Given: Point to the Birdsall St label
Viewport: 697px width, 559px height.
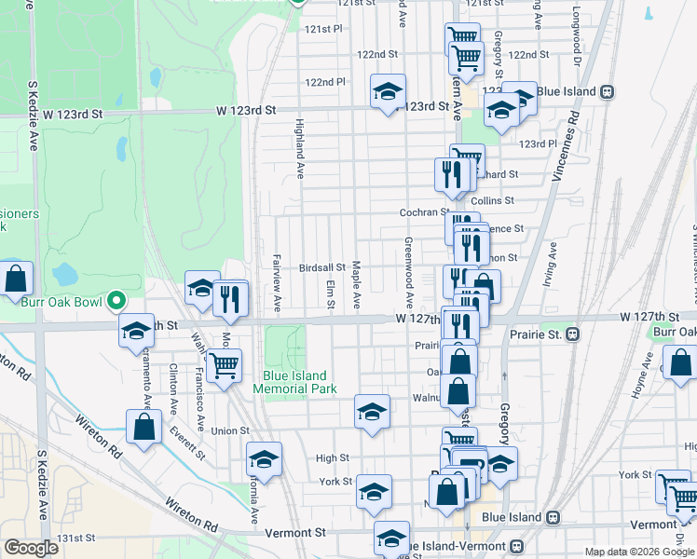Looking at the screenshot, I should [x=322, y=267].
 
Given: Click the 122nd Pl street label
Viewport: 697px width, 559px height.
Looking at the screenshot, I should [x=325, y=82].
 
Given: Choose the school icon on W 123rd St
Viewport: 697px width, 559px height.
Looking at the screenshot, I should [x=388, y=91].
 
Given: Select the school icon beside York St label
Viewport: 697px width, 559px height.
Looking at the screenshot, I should [x=374, y=491].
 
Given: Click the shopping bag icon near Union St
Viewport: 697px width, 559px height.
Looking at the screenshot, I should [x=143, y=428].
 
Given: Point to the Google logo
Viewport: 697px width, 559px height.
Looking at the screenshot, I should [x=31, y=548].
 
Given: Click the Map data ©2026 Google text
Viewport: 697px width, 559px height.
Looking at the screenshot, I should [x=639, y=552].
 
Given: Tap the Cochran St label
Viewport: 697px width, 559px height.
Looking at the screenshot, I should [x=425, y=212].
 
